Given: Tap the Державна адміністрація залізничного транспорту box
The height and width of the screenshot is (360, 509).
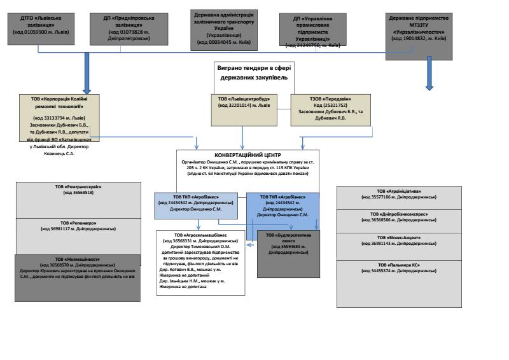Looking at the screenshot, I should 227,28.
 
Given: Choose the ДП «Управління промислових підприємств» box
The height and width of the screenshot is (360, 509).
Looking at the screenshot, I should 316,28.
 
